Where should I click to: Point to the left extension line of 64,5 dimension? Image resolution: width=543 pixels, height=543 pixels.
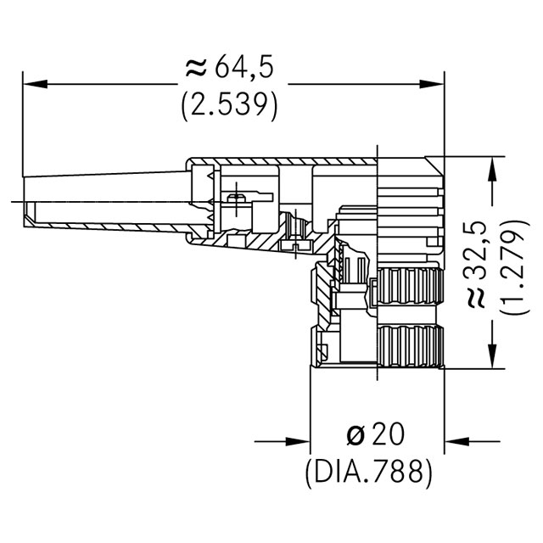click(23, 127)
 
